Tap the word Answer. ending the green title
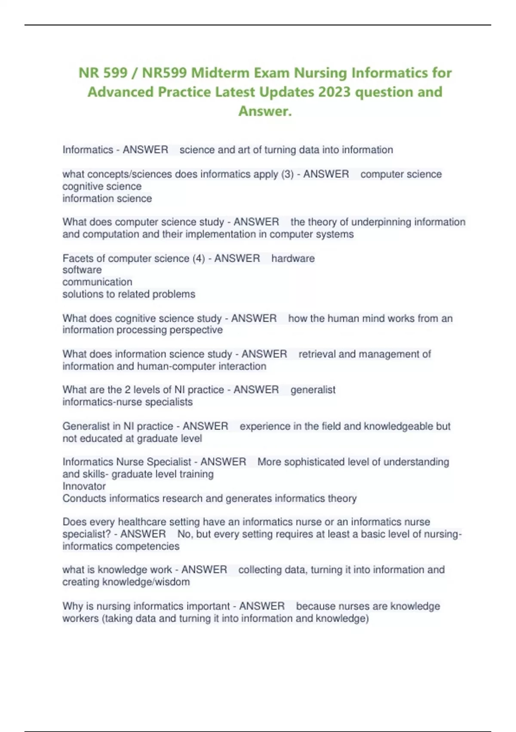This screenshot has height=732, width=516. pos(265,111)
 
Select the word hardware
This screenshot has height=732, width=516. pos(293,258)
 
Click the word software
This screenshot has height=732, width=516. pos(82,270)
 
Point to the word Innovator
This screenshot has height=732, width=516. pos(84,486)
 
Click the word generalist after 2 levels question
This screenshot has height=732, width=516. pos(313,390)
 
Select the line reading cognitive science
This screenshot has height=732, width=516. pos(102,186)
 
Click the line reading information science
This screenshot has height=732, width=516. pos(107,199)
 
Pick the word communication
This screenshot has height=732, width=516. pos(97,282)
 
